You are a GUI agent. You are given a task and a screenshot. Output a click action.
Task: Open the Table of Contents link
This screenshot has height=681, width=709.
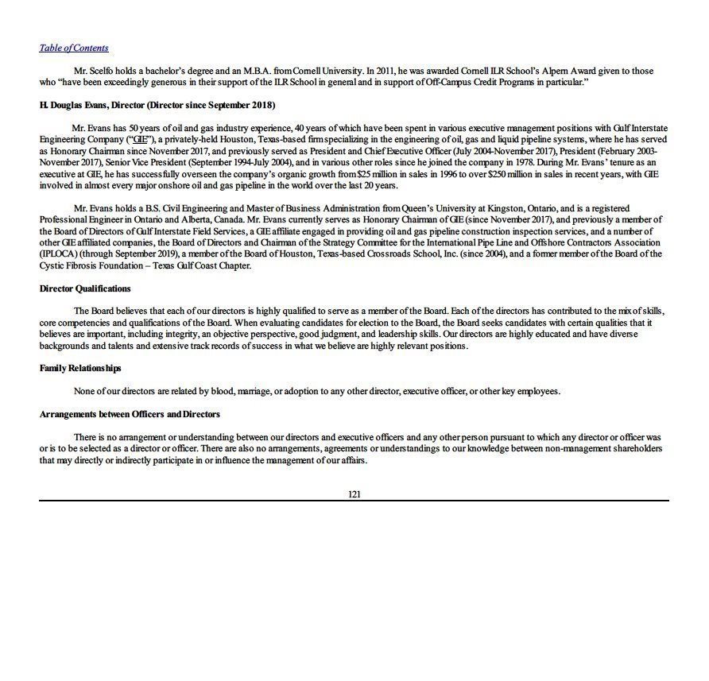(74, 48)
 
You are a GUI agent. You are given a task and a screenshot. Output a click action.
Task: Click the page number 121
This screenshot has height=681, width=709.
(354, 494)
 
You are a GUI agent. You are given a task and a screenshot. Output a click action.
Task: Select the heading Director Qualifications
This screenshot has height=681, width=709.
(85, 288)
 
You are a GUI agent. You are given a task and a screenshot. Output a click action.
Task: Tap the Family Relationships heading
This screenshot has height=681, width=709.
(80, 369)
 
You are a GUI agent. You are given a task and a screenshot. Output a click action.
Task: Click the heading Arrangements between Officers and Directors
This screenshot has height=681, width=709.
(130, 415)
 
